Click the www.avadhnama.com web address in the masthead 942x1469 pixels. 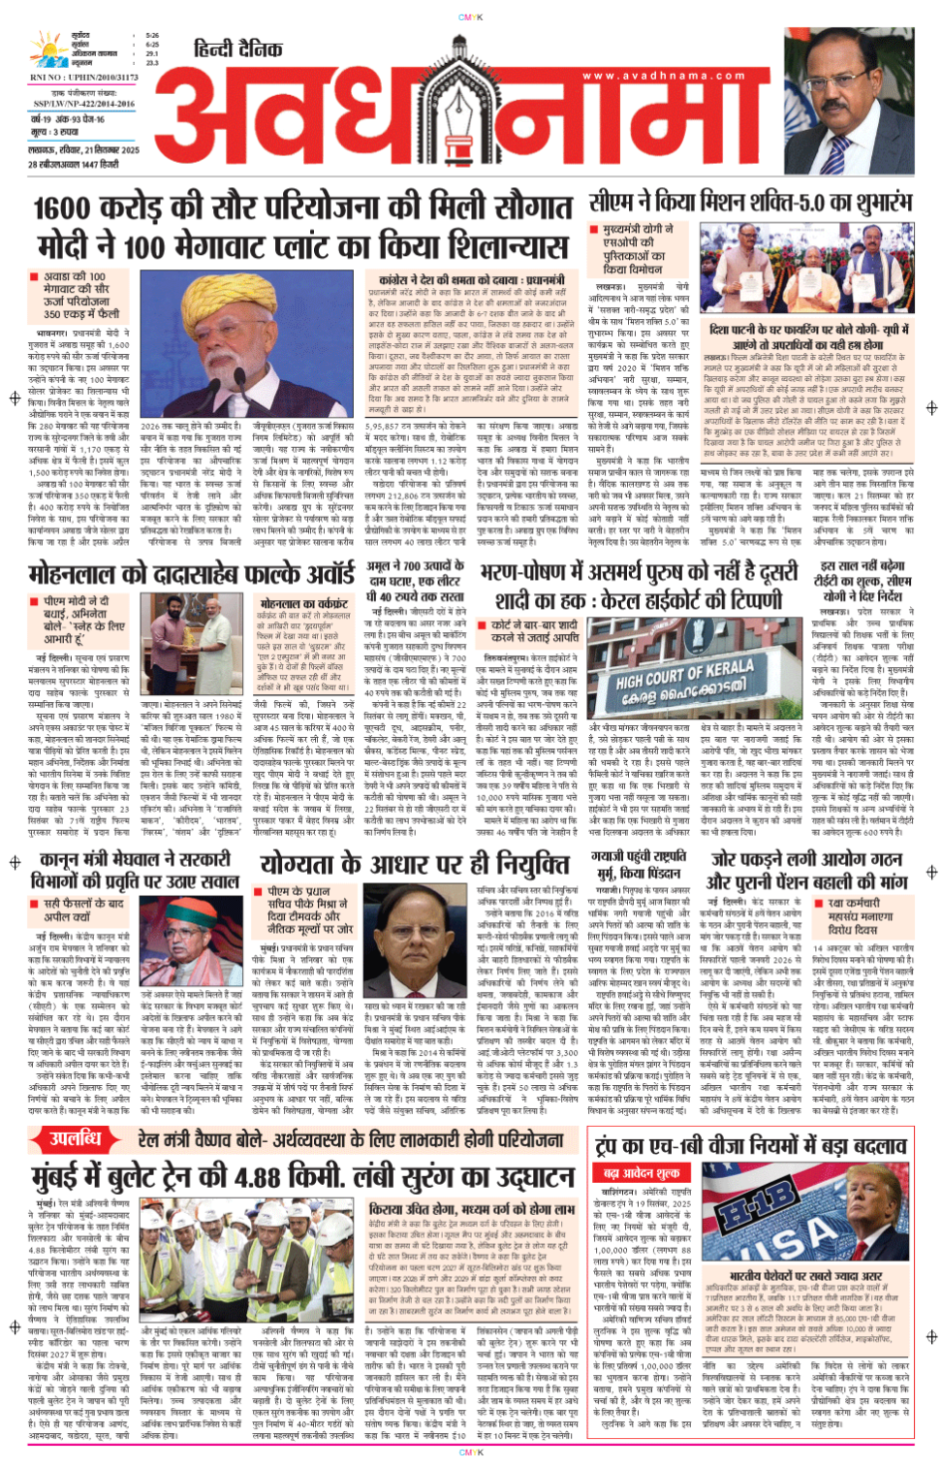[662, 75]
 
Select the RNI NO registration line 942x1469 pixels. [84, 77]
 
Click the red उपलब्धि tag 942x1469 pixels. [76, 1139]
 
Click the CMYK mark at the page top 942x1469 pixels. [471, 17]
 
